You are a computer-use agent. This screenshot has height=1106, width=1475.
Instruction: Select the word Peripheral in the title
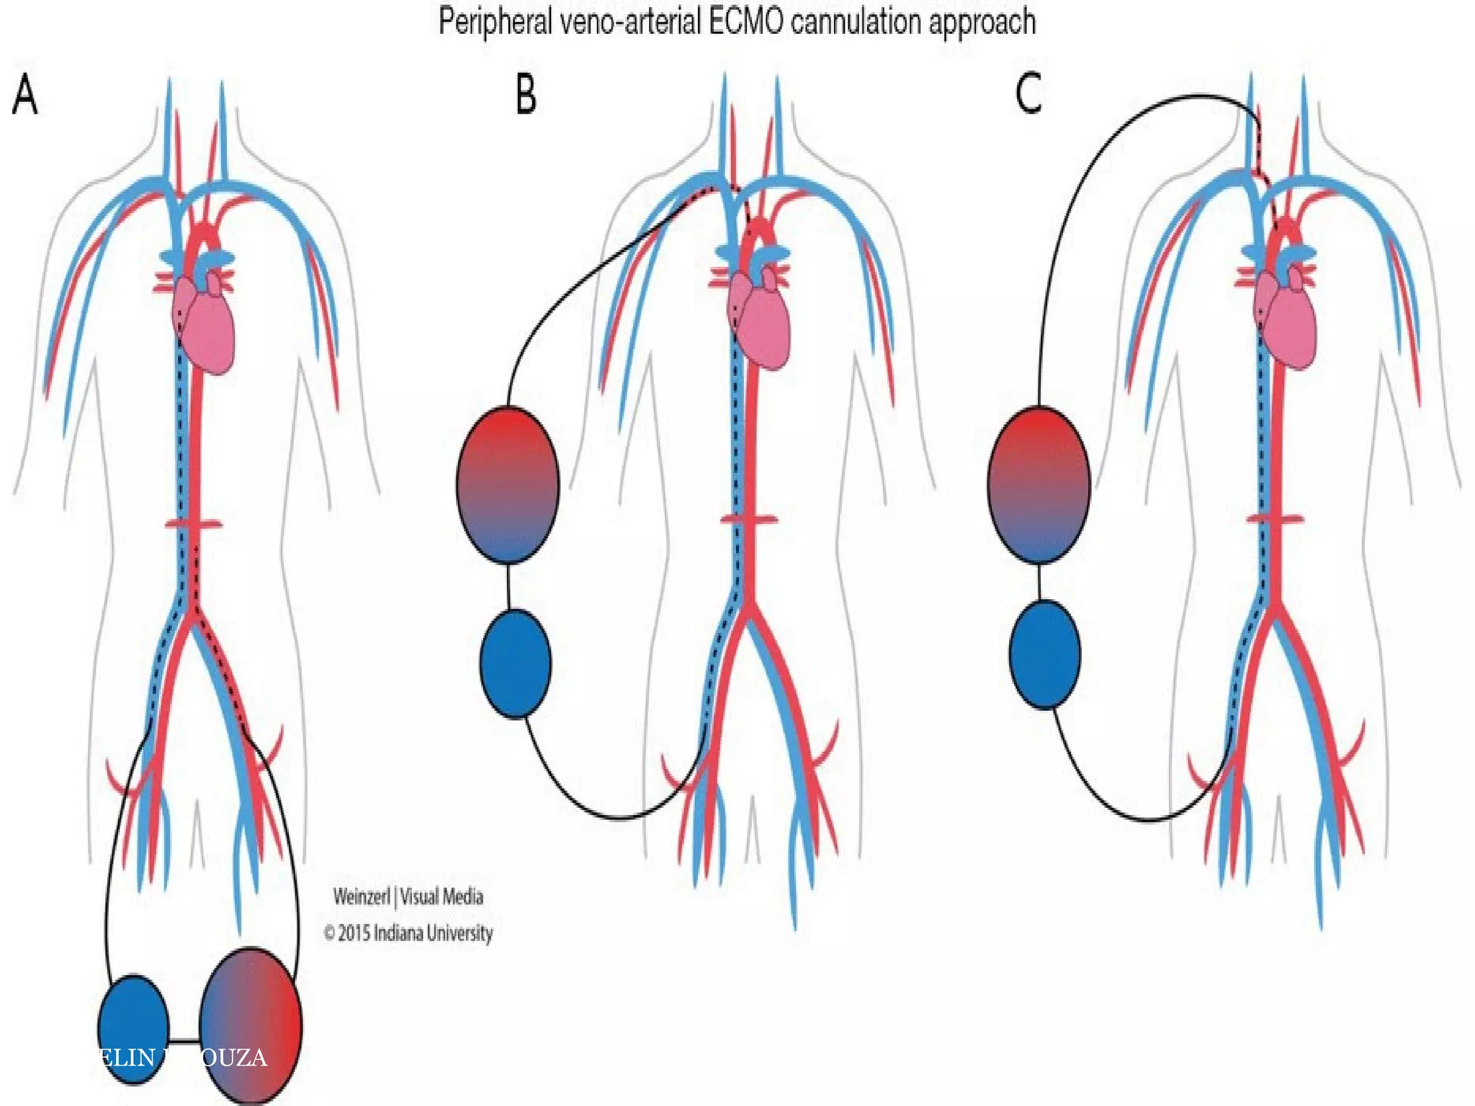tap(496, 22)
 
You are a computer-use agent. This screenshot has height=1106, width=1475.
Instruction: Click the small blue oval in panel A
tap(133, 1028)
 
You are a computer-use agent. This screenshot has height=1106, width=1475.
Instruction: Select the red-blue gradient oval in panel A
tap(250, 1026)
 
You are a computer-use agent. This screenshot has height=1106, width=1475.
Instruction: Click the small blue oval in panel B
tap(516, 663)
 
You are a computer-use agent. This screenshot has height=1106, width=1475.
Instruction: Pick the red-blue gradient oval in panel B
tap(508, 485)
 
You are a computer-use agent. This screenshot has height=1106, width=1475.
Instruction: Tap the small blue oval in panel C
tap(1044, 655)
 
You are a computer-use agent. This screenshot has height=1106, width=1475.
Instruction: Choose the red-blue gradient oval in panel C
tap(1039, 485)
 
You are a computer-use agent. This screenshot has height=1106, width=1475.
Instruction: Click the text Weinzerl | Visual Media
tap(408, 897)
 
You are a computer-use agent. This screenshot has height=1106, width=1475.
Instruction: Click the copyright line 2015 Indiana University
tap(408, 934)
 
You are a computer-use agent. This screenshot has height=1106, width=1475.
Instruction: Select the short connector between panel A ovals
tap(184, 1040)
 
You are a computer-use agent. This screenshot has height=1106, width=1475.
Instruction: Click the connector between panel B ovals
tap(509, 586)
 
